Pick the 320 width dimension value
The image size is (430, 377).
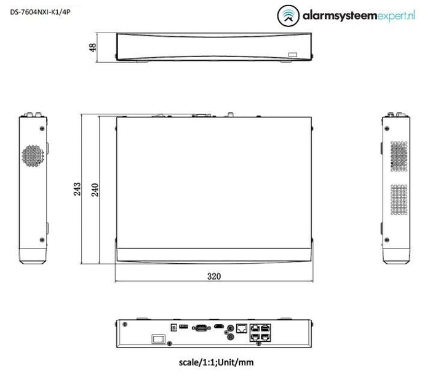pyautogui.click(x=213, y=277)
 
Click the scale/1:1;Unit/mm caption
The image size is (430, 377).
pyautogui.click(x=213, y=363)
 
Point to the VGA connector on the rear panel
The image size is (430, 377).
pyautogui.click(x=200, y=328)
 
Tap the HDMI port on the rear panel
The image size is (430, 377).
pyautogui.click(x=218, y=327)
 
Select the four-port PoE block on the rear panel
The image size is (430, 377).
pyautogui.click(x=260, y=332)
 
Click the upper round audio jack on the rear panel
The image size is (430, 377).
pyautogui.click(x=230, y=328)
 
